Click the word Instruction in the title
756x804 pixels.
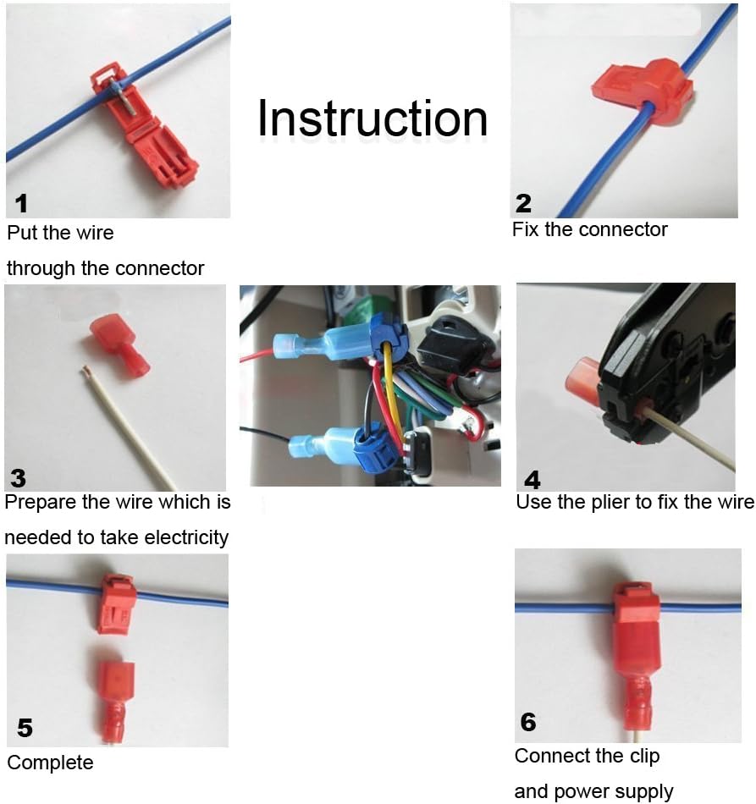[x=372, y=118]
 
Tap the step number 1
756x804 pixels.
[x=21, y=203]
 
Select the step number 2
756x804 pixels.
[x=523, y=203]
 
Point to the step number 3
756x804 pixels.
[x=18, y=478]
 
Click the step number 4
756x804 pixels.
[x=533, y=480]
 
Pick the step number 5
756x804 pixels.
[x=25, y=728]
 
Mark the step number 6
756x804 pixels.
[x=528, y=722]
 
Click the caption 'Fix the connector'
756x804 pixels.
[x=590, y=229]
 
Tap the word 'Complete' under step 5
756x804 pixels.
[x=50, y=763]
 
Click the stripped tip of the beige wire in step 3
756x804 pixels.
[x=86, y=369]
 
